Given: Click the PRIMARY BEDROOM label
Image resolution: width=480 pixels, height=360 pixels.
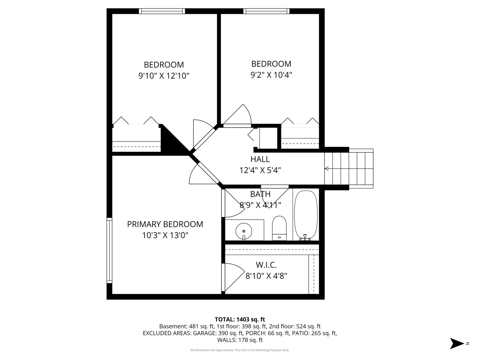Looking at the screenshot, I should click(x=165, y=224).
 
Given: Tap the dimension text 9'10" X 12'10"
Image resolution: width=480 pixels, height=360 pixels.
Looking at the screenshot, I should click(x=164, y=76).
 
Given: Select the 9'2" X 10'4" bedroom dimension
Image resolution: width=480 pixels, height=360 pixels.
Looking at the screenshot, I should click(x=271, y=75).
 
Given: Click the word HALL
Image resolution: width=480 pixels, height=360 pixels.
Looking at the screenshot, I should click(x=260, y=159).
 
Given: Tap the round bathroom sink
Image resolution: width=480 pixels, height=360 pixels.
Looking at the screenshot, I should click(x=244, y=230).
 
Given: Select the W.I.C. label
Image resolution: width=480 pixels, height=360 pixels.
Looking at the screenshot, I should click(x=266, y=265).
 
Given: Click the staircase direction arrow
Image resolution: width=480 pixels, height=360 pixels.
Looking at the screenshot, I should click(x=327, y=169).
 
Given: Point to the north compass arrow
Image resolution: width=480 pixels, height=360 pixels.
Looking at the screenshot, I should click(x=457, y=343).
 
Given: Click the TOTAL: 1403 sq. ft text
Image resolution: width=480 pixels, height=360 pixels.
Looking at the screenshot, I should click(x=240, y=319).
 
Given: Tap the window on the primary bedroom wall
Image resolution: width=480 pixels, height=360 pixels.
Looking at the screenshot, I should click(x=109, y=250).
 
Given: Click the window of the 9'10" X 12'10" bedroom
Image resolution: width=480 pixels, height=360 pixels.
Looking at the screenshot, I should click(x=162, y=11).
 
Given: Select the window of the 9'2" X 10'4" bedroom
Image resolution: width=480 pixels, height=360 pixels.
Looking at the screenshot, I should click(x=266, y=11).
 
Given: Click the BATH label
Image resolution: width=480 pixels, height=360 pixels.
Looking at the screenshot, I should click(x=260, y=194).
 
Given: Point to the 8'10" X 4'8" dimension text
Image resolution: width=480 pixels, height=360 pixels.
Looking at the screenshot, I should click(x=266, y=276).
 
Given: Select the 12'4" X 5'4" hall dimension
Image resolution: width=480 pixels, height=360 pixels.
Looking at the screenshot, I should click(x=260, y=170).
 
